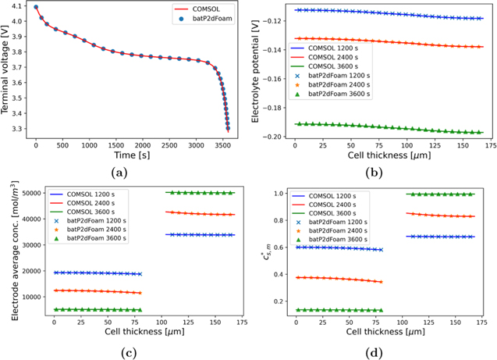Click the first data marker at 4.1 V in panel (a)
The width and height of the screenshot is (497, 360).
[x=36, y=7]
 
